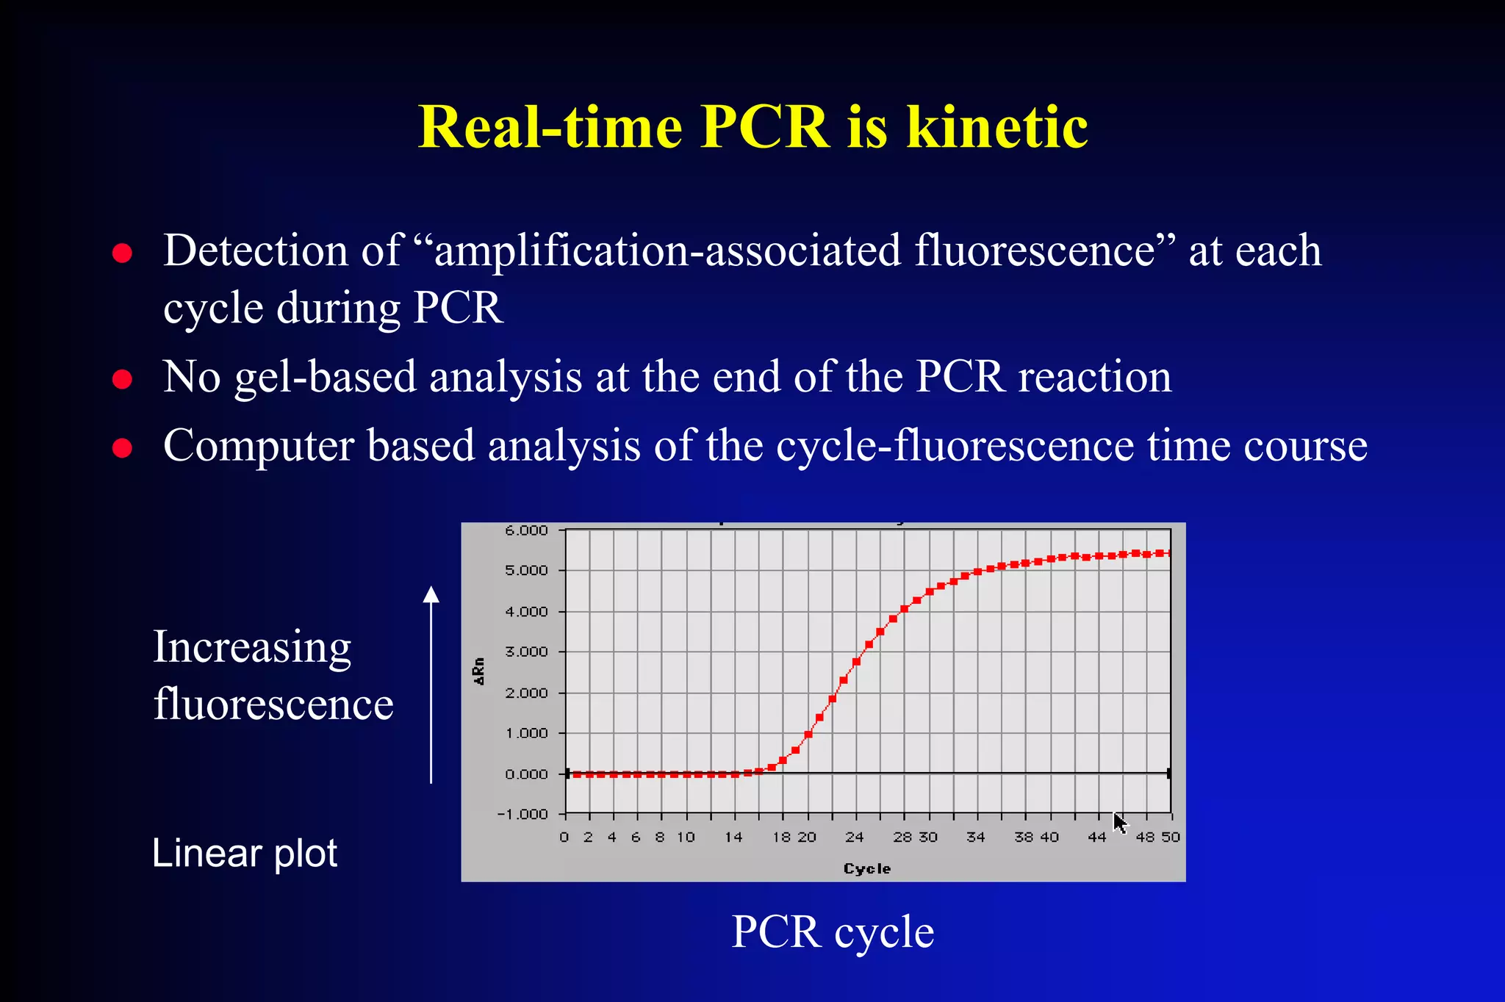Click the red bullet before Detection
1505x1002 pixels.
tap(122, 253)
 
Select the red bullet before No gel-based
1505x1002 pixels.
tap(122, 380)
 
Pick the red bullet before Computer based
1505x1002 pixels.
tap(122, 447)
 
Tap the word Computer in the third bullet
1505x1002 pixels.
tap(257, 446)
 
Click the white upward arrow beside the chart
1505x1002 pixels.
tap(431, 683)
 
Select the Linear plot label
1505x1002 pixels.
tap(245, 854)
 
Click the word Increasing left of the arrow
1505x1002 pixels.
tap(252, 647)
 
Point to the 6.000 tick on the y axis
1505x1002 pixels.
tap(526, 530)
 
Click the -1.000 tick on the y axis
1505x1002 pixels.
tap(523, 814)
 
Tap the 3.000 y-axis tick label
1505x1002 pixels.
tap(526, 652)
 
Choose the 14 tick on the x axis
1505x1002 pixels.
tap(733, 837)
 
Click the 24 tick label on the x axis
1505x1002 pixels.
tap(854, 837)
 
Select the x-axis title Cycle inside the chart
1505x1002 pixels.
tap(867, 868)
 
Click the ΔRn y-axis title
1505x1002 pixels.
tap(479, 671)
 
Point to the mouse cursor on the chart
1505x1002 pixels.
tap(1119, 823)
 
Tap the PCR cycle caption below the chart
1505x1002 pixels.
tap(833, 932)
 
